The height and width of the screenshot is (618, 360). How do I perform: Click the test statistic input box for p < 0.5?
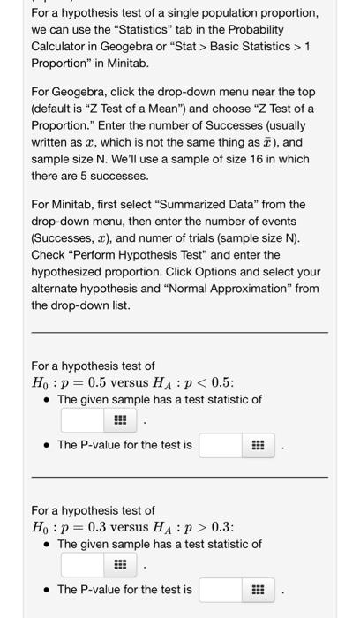coord(82,421)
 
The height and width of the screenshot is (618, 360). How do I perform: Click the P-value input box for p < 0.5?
coord(221,445)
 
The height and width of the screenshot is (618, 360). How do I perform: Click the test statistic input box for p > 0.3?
coord(82,566)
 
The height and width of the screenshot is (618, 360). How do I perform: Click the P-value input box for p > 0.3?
coord(221,590)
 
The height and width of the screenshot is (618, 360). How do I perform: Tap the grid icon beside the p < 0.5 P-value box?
coord(256,446)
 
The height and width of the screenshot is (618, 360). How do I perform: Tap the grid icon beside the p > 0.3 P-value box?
coord(256,590)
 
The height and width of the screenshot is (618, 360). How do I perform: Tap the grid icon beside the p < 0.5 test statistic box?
coord(118,422)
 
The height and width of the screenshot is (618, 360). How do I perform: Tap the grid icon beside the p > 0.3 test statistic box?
coord(118,566)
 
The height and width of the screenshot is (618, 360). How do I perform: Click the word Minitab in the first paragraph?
coord(123,64)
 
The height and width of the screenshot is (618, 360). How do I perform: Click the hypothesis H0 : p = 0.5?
coord(67,381)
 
